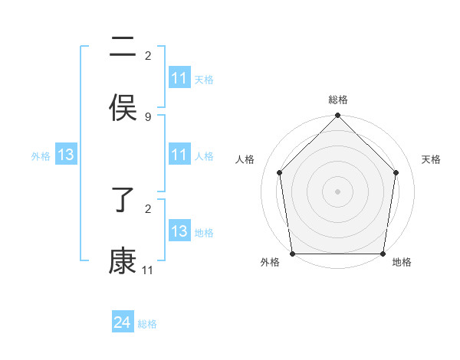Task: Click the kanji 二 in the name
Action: click(x=123, y=47)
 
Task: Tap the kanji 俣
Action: click(x=123, y=107)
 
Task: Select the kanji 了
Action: click(x=123, y=201)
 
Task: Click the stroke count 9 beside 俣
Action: click(x=148, y=116)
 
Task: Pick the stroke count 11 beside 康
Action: click(x=148, y=270)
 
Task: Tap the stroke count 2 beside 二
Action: click(x=148, y=56)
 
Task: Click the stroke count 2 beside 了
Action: click(x=148, y=208)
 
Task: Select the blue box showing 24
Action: click(x=122, y=323)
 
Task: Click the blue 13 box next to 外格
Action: click(x=65, y=155)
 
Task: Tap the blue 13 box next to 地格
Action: click(x=179, y=232)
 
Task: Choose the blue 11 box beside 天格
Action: click(x=179, y=78)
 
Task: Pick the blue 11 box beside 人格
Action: click(x=179, y=155)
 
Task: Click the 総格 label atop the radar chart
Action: click(x=338, y=100)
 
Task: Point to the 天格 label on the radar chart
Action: click(x=432, y=159)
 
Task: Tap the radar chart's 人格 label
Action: click(x=245, y=159)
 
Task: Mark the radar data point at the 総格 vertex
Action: click(x=338, y=116)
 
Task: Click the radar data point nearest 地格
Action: click(x=383, y=254)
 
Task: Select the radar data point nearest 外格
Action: click(x=292, y=254)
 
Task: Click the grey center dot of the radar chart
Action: click(x=338, y=191)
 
